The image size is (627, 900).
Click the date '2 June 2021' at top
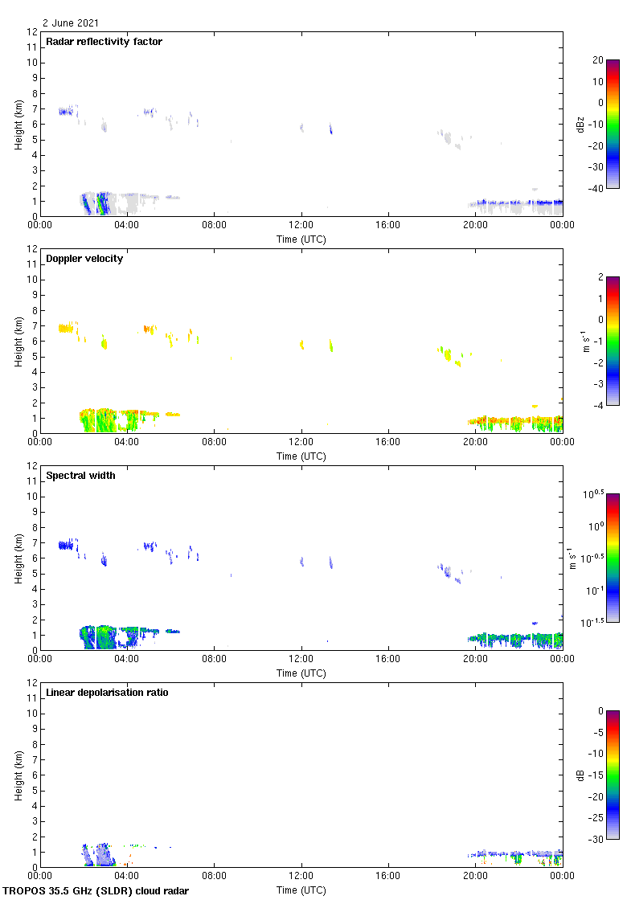click(x=71, y=23)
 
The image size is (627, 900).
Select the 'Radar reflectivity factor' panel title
click(x=104, y=42)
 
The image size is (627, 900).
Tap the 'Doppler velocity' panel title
click(x=84, y=259)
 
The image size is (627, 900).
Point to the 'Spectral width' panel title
click(x=80, y=476)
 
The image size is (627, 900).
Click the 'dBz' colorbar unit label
click(x=580, y=124)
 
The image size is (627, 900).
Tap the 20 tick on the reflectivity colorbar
click(x=597, y=60)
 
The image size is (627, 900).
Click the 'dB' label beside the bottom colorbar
click(x=580, y=775)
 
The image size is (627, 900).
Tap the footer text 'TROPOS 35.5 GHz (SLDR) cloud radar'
click(x=97, y=891)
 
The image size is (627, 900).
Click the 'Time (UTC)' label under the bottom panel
click(x=301, y=890)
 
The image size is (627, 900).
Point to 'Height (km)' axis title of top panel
click(x=18, y=124)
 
